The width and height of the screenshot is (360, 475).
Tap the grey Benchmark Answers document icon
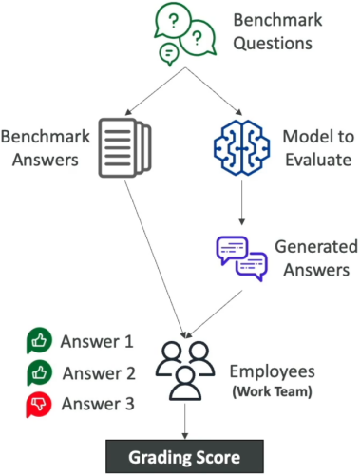click(124, 147)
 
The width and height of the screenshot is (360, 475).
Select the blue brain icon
click(242, 147)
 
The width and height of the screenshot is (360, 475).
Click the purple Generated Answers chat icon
click(242, 258)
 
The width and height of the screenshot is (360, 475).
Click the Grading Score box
click(184, 457)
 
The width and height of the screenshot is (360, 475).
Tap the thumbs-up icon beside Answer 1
click(39, 341)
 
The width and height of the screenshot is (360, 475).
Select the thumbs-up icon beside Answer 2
click(39, 372)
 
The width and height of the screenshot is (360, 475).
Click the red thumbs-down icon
click(39, 405)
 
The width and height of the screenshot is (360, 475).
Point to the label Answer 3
click(98, 404)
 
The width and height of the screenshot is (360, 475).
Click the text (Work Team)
click(273, 391)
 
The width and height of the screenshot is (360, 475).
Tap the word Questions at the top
click(273, 43)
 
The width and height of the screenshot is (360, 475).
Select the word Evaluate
click(318, 160)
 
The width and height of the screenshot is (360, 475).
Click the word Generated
click(316, 246)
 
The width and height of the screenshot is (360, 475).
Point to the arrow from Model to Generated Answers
click(242, 202)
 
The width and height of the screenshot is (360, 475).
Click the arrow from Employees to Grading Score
click(185, 421)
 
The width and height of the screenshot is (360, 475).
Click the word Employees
click(273, 371)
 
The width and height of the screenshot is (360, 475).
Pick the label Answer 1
click(97, 341)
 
